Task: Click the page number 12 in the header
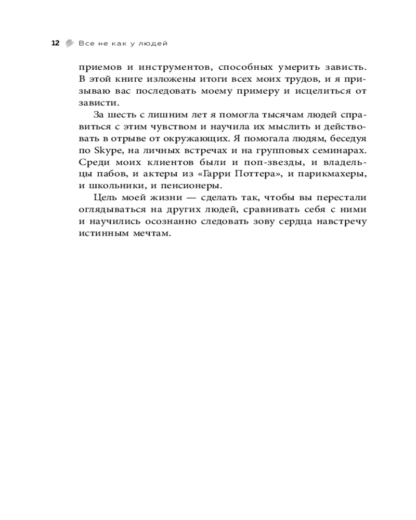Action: click(56, 43)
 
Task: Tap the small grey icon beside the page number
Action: click(69, 43)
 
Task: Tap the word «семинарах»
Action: click(336, 150)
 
